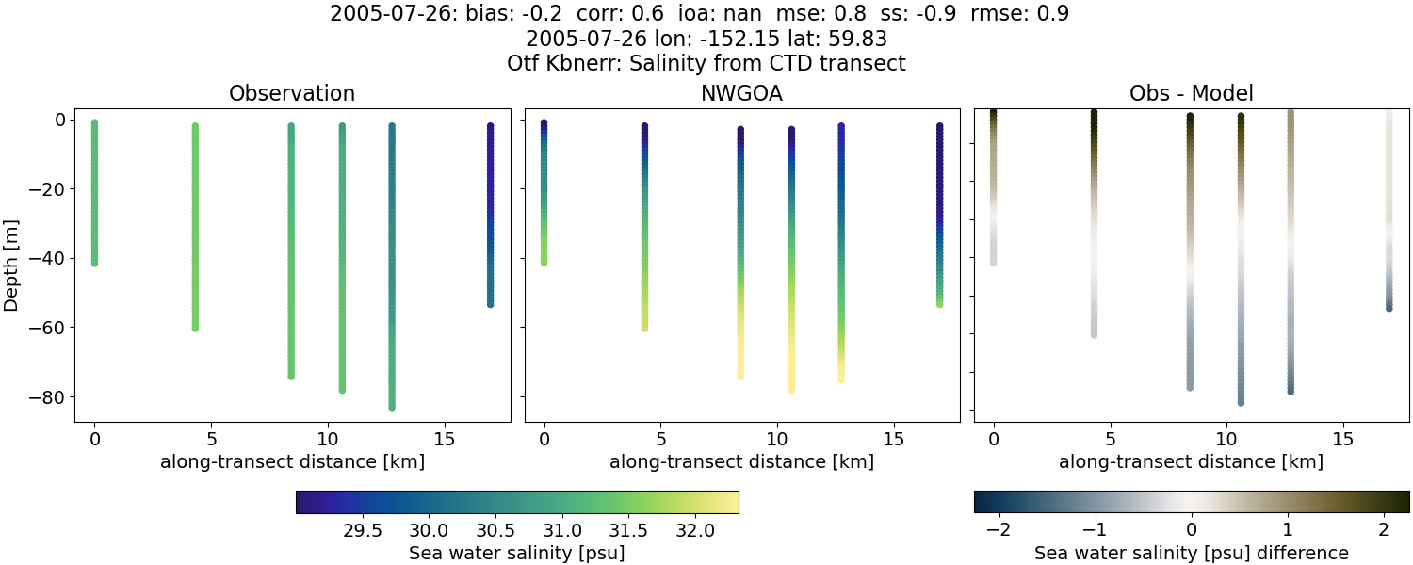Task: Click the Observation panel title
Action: (292, 93)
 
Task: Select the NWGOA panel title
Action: (741, 93)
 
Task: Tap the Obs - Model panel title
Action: (1191, 93)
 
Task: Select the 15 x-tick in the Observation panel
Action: (445, 439)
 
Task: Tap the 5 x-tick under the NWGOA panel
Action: (661, 439)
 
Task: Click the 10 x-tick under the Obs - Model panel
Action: (1226, 439)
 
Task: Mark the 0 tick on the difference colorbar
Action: (1192, 530)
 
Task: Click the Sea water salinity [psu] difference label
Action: (1192, 553)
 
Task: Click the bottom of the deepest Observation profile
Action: (391, 407)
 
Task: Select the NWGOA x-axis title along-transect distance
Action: (741, 461)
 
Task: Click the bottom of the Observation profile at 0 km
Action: (94, 263)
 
